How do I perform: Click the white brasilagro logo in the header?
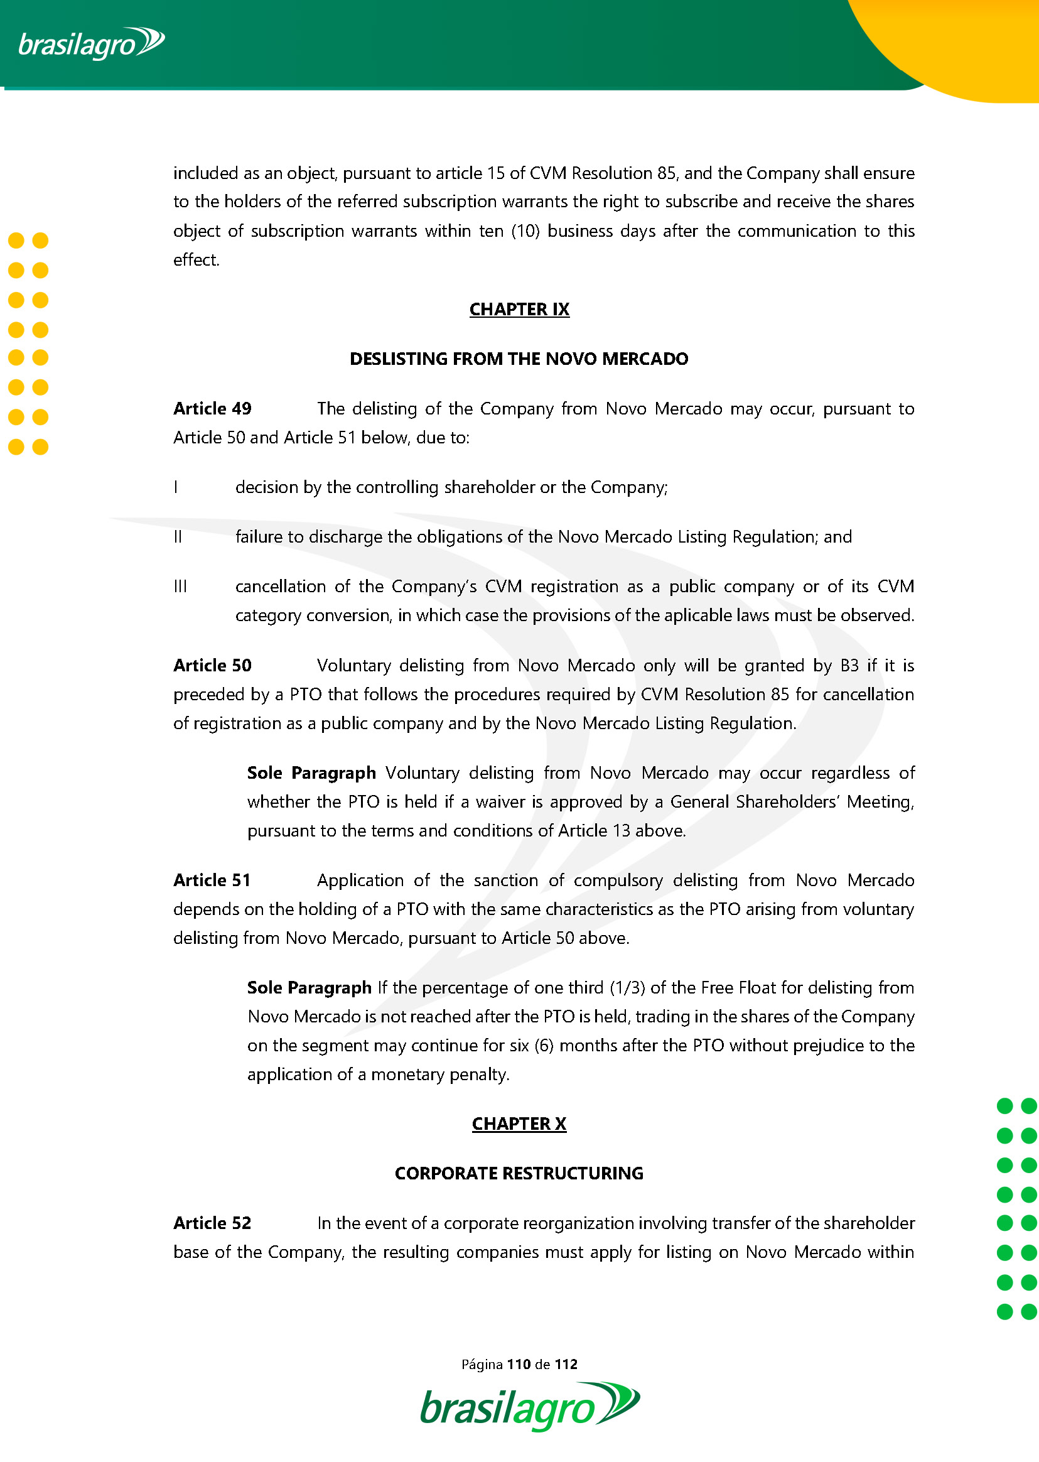[91, 43]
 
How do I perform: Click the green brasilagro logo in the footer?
[529, 1407]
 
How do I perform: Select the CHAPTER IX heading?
[519, 310]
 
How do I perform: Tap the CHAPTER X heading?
[519, 1124]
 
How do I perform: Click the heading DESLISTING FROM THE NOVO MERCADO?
[519, 359]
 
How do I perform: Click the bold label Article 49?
[212, 408]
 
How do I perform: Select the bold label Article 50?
[212, 666]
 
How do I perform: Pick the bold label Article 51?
[212, 880]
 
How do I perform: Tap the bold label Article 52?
[212, 1223]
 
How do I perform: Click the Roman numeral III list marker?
[180, 586]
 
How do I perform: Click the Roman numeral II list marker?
[178, 537]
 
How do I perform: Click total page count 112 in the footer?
[566, 1364]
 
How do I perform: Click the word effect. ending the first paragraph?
[196, 260]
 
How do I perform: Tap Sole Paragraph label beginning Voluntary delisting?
[311, 773]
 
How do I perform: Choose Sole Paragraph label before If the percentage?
[309, 988]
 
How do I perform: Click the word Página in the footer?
[482, 1364]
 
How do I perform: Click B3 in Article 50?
[849, 666]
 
